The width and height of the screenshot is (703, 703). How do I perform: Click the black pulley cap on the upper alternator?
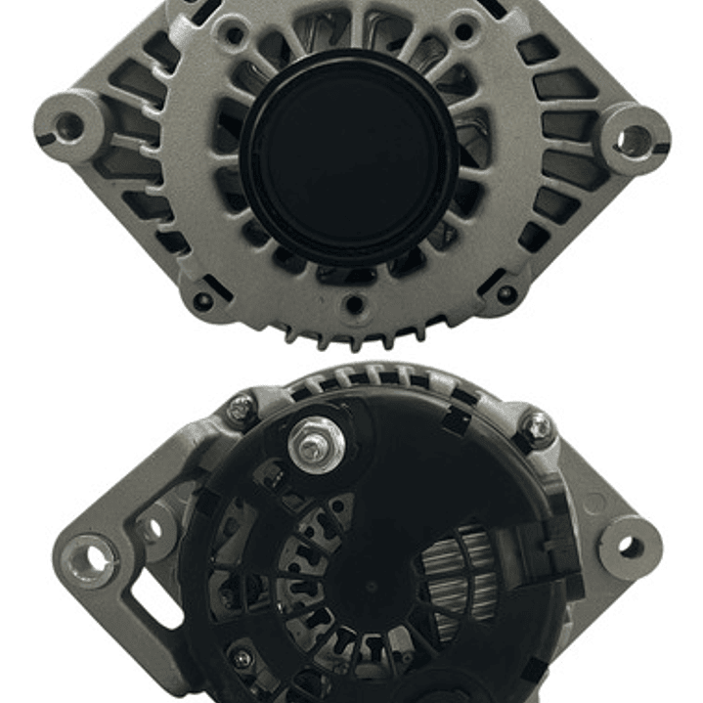point(349,156)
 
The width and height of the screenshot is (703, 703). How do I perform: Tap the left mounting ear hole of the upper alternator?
point(68,125)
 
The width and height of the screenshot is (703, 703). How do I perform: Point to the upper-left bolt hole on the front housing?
point(233,36)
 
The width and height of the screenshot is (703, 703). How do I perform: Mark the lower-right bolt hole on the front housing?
point(506,293)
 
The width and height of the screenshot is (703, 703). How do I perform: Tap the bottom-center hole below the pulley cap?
point(354,305)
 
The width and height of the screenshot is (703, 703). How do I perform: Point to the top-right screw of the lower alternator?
point(536,425)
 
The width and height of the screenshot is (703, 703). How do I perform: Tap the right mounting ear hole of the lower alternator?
point(629,546)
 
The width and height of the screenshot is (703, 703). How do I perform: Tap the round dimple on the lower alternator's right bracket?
point(593,503)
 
